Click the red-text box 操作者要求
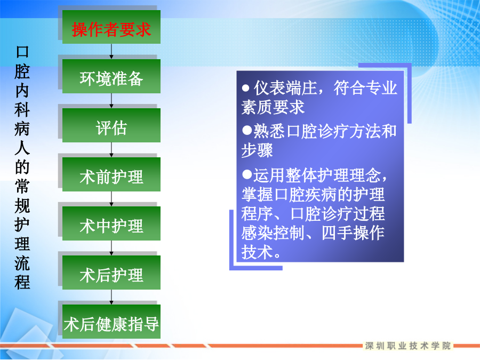click(111, 27)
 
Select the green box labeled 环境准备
click(111, 76)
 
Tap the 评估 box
click(111, 125)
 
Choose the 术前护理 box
click(111, 174)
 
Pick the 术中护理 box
click(111, 223)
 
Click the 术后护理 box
click(111, 273)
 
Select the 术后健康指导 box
click(111, 322)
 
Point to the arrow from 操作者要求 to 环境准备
click(111, 51)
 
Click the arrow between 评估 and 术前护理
click(111, 150)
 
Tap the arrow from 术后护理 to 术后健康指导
click(111, 297)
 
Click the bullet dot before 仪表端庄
click(245, 88)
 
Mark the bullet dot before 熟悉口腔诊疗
click(247, 131)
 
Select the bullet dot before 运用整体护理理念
click(247, 174)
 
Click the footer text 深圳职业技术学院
click(408, 346)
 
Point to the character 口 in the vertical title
click(22, 52)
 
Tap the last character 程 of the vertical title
click(22, 282)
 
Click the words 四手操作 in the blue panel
click(353, 233)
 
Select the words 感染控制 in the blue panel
click(273, 233)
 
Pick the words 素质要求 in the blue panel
click(273, 107)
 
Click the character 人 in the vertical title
click(22, 148)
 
